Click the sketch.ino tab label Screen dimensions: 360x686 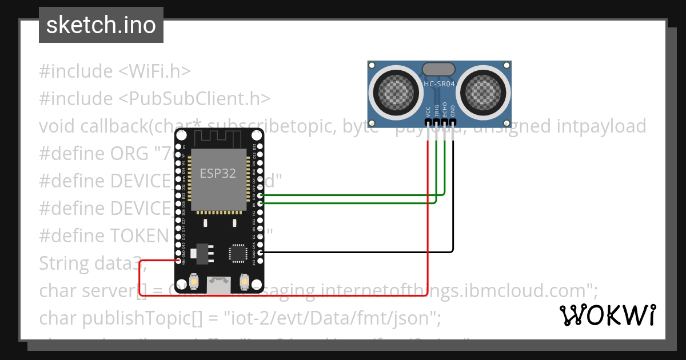(101, 25)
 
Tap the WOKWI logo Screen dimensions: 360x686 (607, 315)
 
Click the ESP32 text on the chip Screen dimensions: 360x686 (217, 173)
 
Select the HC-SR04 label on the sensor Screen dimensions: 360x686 (438, 85)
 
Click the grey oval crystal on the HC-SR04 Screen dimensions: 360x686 (438, 70)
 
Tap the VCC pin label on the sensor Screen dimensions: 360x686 (428, 111)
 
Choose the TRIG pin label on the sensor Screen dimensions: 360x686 (436, 111)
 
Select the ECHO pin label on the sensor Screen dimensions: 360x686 (445, 111)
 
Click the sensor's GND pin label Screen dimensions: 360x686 (453, 111)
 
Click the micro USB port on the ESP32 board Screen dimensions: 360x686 (220, 283)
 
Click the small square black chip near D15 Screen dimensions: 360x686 (237, 252)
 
